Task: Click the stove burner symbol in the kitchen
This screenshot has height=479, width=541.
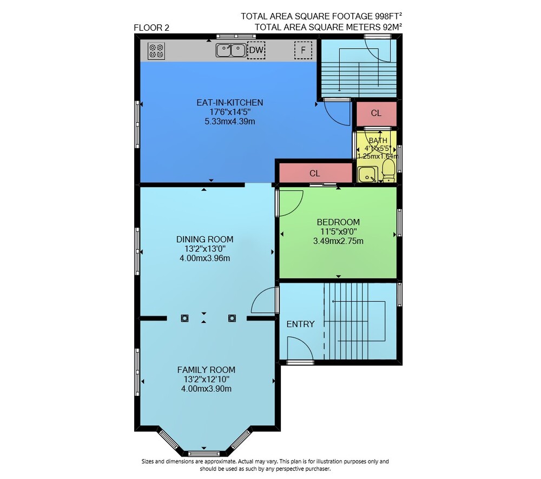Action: click(156, 51)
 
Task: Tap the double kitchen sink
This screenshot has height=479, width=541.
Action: click(231, 50)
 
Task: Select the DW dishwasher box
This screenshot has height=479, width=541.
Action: click(256, 50)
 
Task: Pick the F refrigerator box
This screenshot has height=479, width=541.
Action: click(303, 50)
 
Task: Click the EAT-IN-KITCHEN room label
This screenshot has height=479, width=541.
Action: click(230, 102)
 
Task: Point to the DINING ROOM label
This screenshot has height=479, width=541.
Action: click(204, 239)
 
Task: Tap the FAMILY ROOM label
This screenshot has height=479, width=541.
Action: click(206, 370)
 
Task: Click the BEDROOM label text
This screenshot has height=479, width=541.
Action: click(338, 222)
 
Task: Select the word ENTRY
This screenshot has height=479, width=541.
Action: click(300, 324)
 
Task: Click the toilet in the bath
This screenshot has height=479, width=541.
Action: click(389, 171)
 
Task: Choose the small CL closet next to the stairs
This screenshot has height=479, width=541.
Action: click(376, 113)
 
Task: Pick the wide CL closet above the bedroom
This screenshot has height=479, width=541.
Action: click(315, 173)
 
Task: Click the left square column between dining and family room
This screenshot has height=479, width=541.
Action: click(184, 318)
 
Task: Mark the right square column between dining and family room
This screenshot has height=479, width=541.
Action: click(232, 318)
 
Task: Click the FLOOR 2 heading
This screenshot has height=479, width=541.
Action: click(151, 28)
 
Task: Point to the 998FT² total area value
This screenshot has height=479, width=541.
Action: click(388, 16)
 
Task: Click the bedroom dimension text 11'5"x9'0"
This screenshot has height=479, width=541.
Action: click(338, 231)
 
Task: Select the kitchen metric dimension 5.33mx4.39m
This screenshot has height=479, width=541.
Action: click(230, 122)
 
